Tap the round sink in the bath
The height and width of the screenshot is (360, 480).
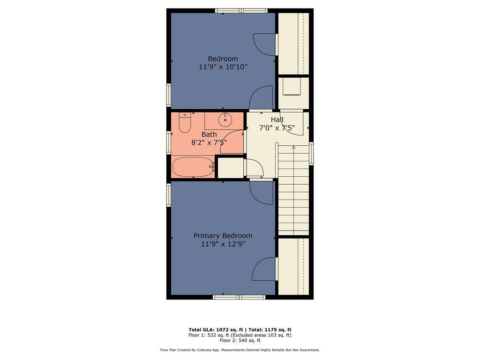(x=225, y=120)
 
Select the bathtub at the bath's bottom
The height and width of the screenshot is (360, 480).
(x=193, y=166)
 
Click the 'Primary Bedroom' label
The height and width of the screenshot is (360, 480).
(x=223, y=236)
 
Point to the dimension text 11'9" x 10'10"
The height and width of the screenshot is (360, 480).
(x=223, y=67)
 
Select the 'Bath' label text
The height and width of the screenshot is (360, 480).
(x=209, y=135)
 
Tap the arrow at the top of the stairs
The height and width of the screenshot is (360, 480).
(x=294, y=148)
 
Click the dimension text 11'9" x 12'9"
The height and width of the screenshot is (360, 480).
(x=223, y=244)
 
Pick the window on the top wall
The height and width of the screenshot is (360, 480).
(x=241, y=10)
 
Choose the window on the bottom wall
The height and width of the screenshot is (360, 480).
(x=239, y=297)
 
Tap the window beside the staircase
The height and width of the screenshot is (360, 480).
(x=311, y=154)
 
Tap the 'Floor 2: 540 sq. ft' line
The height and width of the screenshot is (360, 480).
(x=240, y=340)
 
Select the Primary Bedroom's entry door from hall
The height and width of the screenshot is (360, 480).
(x=262, y=192)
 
